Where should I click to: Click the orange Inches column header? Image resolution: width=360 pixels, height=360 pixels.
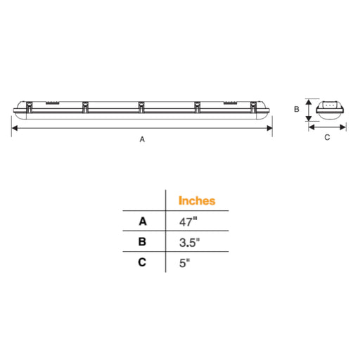[197, 200]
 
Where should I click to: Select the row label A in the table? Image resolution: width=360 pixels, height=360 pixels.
[143, 221]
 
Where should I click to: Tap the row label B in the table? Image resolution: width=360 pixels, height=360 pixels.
[143, 243]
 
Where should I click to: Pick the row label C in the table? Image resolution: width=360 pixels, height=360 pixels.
[143, 264]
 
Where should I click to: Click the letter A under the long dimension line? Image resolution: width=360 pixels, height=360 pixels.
[142, 139]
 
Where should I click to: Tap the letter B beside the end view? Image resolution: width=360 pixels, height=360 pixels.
[297, 109]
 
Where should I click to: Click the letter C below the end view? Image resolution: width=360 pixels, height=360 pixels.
[327, 138]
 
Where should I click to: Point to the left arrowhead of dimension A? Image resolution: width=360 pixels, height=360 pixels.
[13, 129]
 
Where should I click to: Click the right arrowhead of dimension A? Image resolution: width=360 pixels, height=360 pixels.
[271, 129]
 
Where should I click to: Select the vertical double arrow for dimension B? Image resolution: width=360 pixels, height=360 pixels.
[308, 109]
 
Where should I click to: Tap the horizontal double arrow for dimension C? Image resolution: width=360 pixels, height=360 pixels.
[327, 127]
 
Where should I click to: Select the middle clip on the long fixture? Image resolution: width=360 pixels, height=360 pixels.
[141, 108]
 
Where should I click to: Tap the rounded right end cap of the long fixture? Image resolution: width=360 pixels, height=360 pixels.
[269, 108]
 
